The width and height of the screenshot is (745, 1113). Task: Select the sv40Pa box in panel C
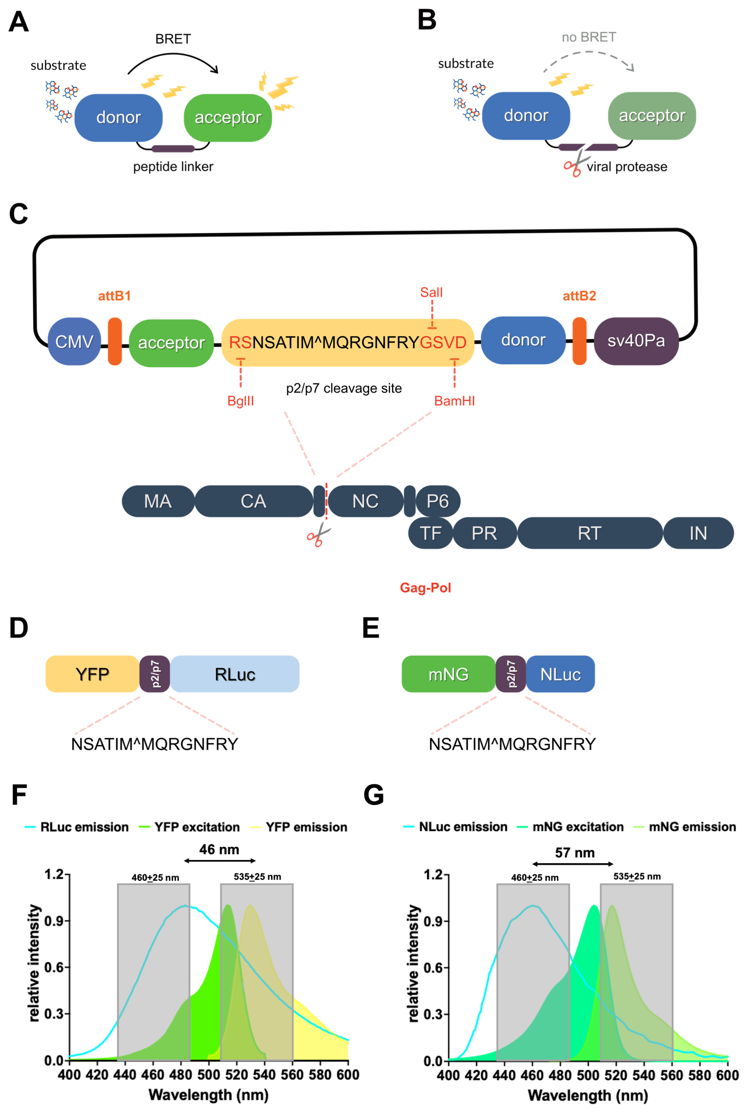pyautogui.click(x=636, y=341)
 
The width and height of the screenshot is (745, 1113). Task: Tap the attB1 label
pyautogui.click(x=114, y=296)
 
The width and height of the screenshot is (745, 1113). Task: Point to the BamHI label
pyautogui.click(x=455, y=401)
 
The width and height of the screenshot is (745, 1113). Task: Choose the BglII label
pyautogui.click(x=241, y=401)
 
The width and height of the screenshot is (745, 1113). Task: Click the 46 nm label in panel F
pyautogui.click(x=219, y=849)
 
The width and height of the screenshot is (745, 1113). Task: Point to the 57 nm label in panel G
pyautogui.click(x=575, y=853)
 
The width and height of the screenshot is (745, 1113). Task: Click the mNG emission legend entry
pyautogui.click(x=685, y=827)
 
